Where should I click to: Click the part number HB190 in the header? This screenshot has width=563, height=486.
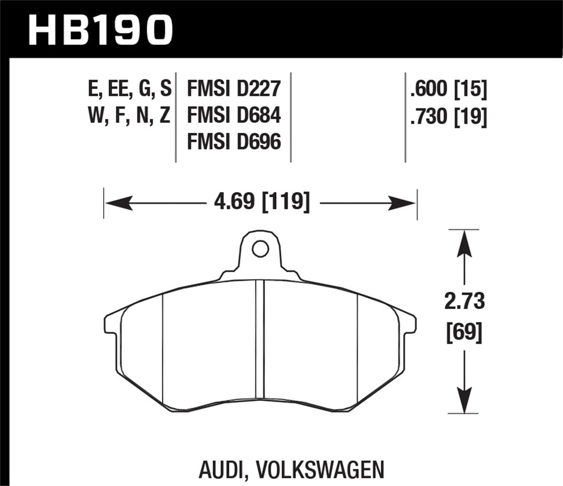[x=100, y=30]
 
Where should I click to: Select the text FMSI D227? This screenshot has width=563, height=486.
[x=234, y=89]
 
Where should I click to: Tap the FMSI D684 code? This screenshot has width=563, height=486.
[x=234, y=115]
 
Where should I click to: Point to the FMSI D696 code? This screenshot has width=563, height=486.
[x=234, y=142]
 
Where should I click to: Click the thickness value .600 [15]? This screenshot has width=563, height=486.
[x=448, y=89]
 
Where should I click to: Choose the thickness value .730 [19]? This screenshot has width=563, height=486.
[x=448, y=116]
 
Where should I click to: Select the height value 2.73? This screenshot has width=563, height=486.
[x=464, y=301]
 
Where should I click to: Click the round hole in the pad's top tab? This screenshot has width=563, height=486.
[x=260, y=249]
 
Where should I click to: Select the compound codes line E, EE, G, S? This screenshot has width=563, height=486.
[x=130, y=89]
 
